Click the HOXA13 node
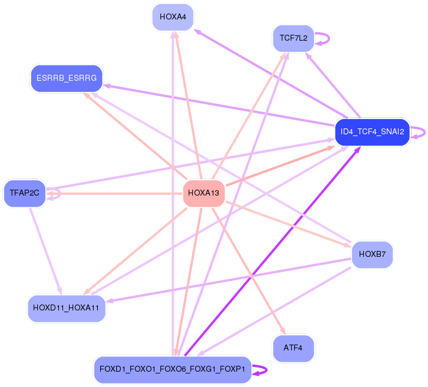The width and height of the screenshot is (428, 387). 203,193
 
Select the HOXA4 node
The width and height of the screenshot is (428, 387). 173,17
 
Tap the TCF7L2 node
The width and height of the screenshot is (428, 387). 293,38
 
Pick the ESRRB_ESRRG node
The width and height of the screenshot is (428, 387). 67,78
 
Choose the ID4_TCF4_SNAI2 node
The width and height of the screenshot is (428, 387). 372,132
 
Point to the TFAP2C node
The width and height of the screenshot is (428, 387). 24,193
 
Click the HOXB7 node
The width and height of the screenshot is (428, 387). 372,255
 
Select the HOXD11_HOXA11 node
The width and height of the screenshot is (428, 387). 67,308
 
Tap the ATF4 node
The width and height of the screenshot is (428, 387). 293,348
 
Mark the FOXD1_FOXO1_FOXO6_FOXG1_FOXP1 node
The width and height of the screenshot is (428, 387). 173,369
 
